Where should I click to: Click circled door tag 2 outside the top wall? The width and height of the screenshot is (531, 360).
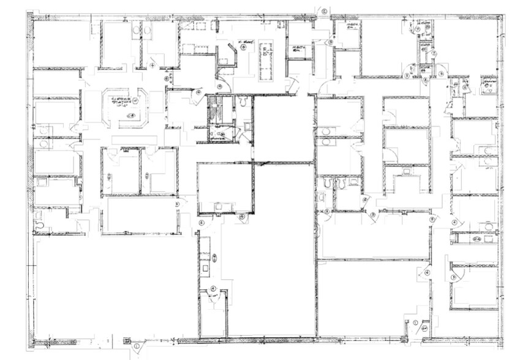[x=325, y=9]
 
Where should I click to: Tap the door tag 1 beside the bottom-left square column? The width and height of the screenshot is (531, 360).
[x=136, y=348]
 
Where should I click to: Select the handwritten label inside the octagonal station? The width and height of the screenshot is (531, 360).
[x=122, y=102]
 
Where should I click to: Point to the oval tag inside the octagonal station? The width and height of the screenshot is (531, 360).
[x=130, y=114]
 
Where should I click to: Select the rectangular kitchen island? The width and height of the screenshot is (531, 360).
[x=266, y=61]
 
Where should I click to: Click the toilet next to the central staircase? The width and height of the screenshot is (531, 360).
[x=244, y=102]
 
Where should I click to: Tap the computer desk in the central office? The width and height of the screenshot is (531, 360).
[x=218, y=206]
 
